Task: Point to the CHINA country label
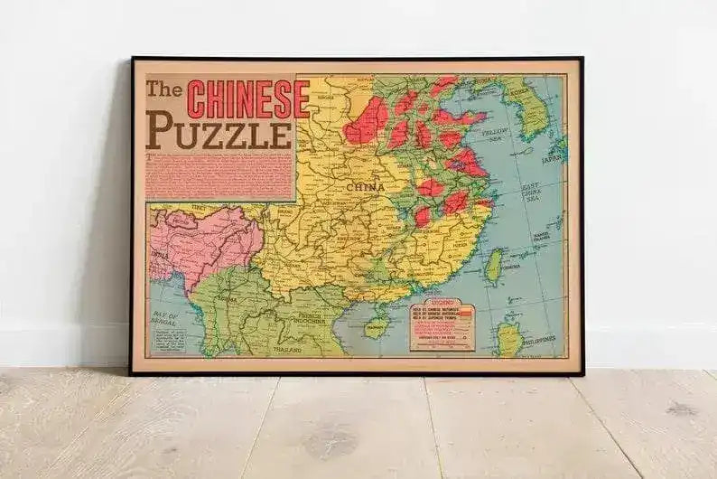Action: tap(366, 187)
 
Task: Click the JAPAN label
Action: tap(551, 155)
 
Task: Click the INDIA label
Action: tap(161, 254)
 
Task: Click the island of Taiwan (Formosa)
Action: tap(493, 267)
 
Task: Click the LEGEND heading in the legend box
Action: tap(441, 304)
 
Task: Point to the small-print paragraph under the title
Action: tap(219, 176)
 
